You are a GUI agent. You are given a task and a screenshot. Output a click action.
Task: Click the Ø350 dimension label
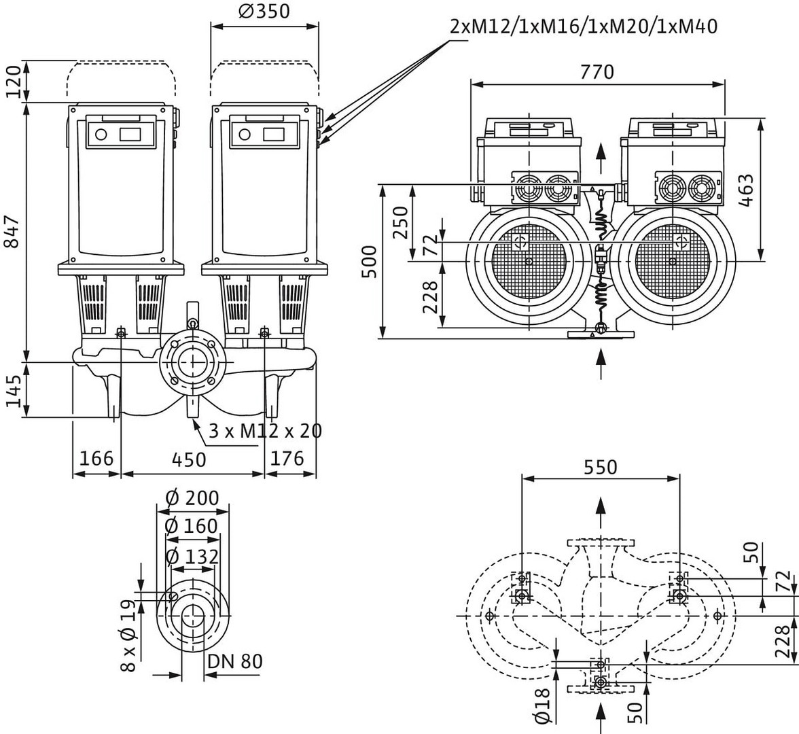click(x=265, y=12)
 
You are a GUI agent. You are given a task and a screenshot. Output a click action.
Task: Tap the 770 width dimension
click(x=597, y=71)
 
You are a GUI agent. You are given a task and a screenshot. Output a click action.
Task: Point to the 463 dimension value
click(x=745, y=191)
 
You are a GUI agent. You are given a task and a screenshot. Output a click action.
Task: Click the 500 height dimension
click(x=368, y=261)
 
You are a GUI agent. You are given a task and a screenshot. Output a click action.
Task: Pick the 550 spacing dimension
click(x=601, y=467)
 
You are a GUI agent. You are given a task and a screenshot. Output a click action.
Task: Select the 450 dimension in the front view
click(x=188, y=459)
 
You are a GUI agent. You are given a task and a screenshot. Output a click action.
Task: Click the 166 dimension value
click(x=96, y=459)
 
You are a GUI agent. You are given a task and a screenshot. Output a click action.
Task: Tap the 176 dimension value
click(x=287, y=459)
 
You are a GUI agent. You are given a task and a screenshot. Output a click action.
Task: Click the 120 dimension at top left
click(x=14, y=82)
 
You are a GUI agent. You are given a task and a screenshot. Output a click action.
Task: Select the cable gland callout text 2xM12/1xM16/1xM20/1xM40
click(x=584, y=27)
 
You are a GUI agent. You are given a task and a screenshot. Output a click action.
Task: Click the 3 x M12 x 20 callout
click(x=265, y=431)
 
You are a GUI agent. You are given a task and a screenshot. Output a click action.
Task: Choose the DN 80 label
click(x=235, y=661)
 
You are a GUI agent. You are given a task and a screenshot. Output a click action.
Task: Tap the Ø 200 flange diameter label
click(x=192, y=498)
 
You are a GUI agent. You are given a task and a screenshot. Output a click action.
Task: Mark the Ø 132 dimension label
click(x=192, y=557)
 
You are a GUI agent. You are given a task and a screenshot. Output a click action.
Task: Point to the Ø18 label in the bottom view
click(x=541, y=704)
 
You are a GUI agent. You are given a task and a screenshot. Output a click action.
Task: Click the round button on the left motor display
click(x=101, y=134)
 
